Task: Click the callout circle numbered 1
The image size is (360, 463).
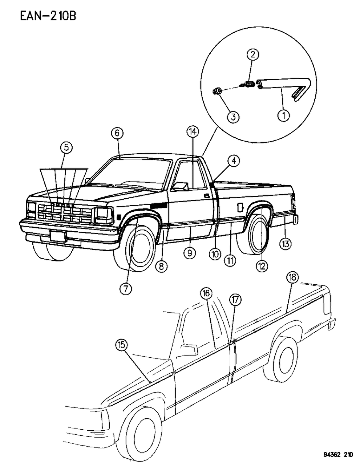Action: [283, 116]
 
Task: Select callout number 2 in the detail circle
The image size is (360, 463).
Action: [253, 55]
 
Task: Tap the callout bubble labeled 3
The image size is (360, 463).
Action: [233, 117]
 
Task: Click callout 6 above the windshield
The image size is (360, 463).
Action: [117, 134]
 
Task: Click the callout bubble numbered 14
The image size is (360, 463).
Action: [193, 131]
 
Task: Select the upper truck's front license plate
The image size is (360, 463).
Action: [58, 237]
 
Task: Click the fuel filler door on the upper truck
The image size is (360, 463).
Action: [240, 207]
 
